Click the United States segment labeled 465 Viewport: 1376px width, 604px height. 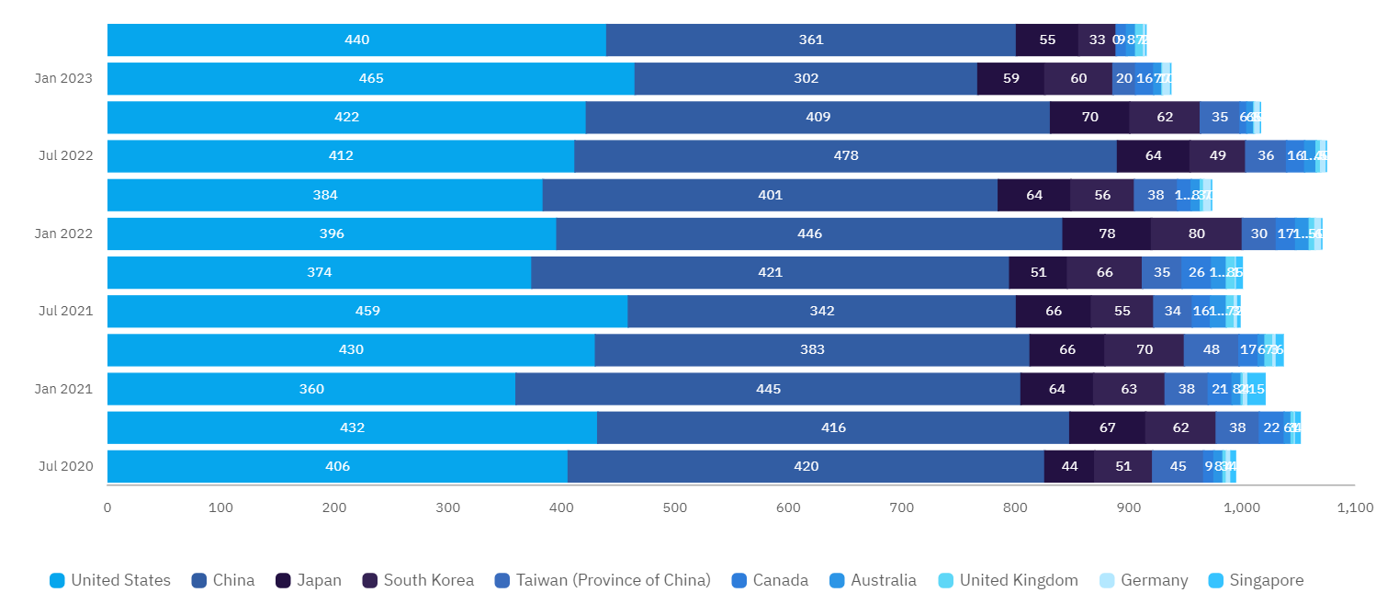(371, 79)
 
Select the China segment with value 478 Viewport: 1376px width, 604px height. (845, 156)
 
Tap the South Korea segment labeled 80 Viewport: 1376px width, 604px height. (1196, 234)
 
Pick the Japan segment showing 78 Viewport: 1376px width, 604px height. (1106, 234)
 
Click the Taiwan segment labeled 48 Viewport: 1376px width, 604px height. (1211, 350)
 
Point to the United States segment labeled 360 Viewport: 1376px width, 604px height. (311, 389)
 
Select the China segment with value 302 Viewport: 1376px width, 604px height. (806, 79)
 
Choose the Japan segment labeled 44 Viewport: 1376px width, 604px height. (1069, 466)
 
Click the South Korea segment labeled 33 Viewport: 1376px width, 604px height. (1097, 40)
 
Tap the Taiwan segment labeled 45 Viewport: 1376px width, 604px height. (1178, 466)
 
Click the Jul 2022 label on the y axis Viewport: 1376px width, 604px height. (65, 156)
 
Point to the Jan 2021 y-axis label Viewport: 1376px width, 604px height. (63, 389)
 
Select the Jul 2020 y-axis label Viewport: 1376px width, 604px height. (65, 466)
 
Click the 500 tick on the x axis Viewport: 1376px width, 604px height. (675, 507)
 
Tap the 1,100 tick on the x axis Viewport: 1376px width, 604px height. (1354, 507)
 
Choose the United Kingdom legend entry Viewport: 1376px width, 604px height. (1008, 580)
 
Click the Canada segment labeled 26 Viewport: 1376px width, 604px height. (1196, 273)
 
